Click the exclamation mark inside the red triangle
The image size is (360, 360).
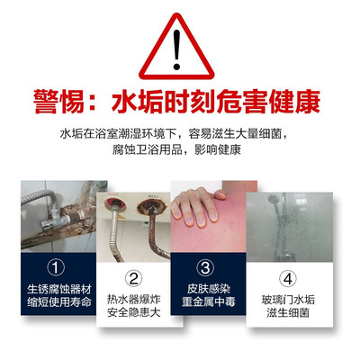[176, 50]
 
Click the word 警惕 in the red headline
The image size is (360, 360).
[58, 102]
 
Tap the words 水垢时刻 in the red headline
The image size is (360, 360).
[163, 102]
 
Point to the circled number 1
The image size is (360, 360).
[56, 267]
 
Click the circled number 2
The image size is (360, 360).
[133, 279]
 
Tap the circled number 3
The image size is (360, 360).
[205, 267]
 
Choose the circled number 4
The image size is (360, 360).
[288, 279]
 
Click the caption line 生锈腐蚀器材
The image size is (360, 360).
[58, 289]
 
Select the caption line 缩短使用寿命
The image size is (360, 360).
[58, 301]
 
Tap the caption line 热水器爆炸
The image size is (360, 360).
[134, 300]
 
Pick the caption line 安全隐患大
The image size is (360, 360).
[134, 312]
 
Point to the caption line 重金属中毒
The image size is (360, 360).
[209, 301]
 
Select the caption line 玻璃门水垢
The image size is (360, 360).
[288, 300]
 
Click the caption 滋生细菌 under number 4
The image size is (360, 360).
[288, 312]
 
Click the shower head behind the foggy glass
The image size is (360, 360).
[274, 201]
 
